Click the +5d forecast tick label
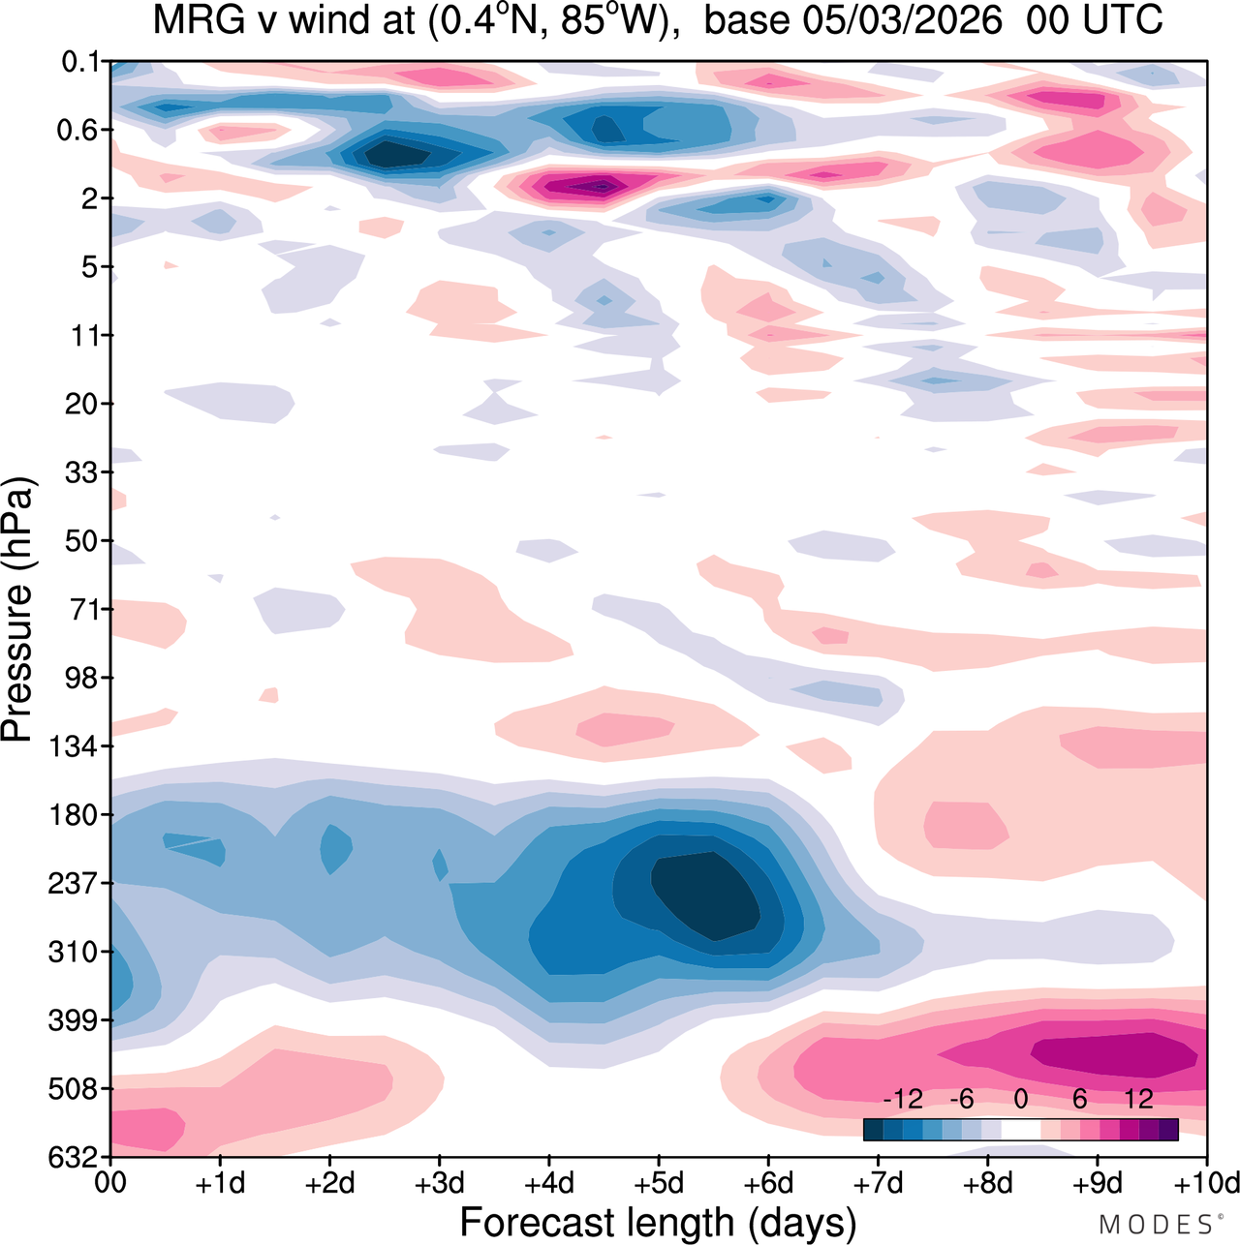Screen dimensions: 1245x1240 (659, 1183)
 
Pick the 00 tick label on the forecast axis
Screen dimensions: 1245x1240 (110, 1183)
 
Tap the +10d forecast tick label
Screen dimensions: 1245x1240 (1205, 1183)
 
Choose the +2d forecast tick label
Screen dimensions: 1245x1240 (329, 1183)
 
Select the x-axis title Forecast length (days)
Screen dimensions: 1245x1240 (658, 1223)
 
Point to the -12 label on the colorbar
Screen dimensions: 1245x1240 (903, 1099)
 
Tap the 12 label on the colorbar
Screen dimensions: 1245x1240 (1139, 1099)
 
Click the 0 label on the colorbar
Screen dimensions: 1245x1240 (1020, 1099)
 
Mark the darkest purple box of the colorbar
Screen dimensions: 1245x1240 (1168, 1129)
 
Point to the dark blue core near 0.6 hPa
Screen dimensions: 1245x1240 (392, 154)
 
